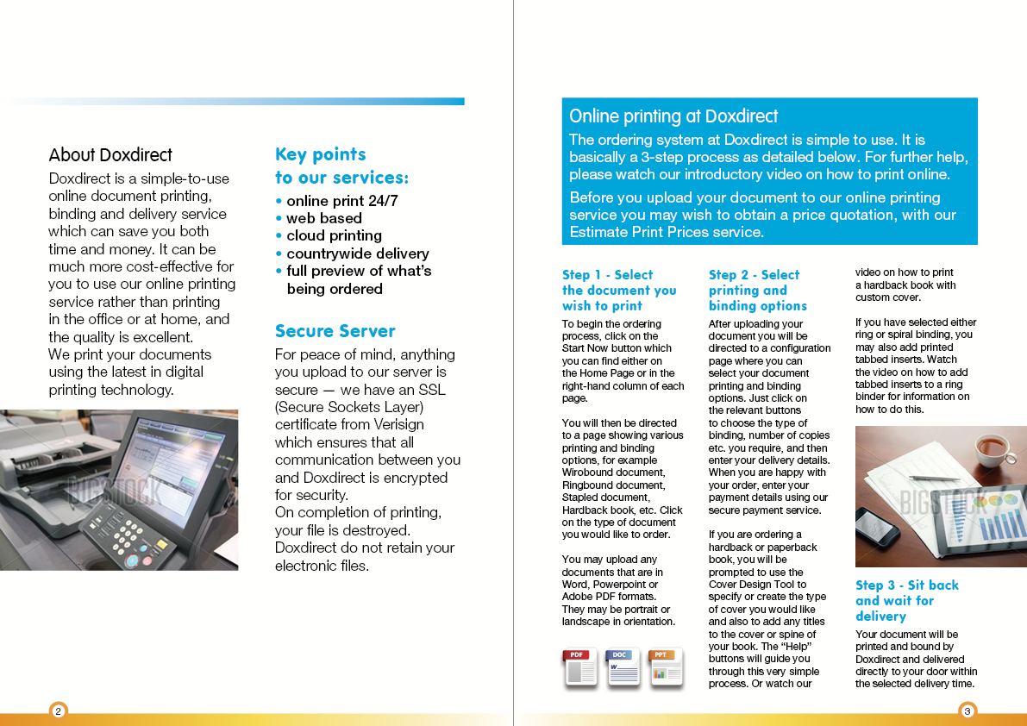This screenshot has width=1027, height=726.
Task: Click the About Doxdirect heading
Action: point(110,155)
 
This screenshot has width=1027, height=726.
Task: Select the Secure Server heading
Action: point(335,331)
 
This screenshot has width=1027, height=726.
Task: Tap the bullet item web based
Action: point(324,218)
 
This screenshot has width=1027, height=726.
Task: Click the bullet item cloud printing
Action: point(334,235)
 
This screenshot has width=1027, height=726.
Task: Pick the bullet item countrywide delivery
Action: point(357,253)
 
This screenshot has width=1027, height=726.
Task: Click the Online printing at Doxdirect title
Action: point(673,116)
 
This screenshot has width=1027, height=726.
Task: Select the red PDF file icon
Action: point(580,667)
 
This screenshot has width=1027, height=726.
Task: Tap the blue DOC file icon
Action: point(623,667)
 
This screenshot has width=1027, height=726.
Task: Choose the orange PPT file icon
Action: point(665,667)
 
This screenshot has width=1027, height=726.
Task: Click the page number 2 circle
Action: point(58,711)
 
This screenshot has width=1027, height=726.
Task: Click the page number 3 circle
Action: point(968,711)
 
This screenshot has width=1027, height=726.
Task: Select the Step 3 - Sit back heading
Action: point(906,585)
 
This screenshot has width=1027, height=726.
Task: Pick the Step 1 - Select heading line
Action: point(607,275)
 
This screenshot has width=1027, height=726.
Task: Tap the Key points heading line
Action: point(320,154)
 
